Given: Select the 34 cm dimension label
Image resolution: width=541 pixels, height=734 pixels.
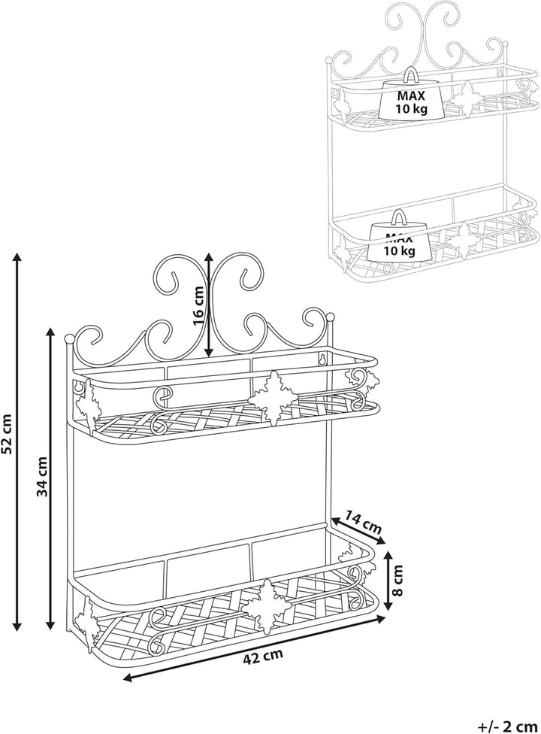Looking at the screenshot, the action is click(x=42, y=477).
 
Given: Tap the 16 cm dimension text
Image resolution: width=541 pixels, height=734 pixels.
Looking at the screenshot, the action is click(x=198, y=305).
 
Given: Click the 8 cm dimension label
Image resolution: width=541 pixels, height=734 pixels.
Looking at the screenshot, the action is click(x=397, y=581).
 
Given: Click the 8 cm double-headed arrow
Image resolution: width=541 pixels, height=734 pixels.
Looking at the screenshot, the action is click(x=387, y=581).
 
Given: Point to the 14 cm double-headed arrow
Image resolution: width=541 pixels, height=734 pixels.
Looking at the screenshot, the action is click(x=358, y=531).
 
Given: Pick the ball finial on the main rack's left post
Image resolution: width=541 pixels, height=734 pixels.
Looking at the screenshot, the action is click(x=68, y=338).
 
